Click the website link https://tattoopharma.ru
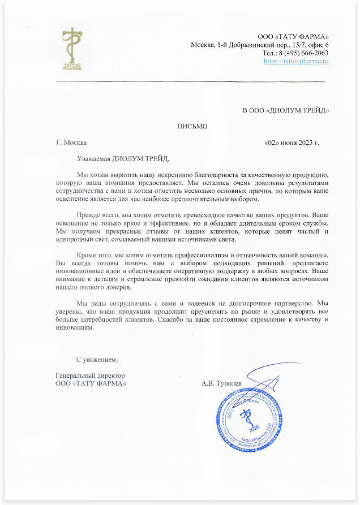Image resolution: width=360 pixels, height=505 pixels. [x=296, y=61]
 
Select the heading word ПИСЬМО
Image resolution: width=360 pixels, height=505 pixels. [x=192, y=126]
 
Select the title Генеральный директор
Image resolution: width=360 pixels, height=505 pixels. [x=90, y=375]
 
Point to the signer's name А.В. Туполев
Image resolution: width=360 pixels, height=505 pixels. [x=221, y=383]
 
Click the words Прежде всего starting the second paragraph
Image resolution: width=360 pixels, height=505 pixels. [x=97, y=215]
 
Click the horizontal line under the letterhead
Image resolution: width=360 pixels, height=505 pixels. [x=190, y=82]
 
